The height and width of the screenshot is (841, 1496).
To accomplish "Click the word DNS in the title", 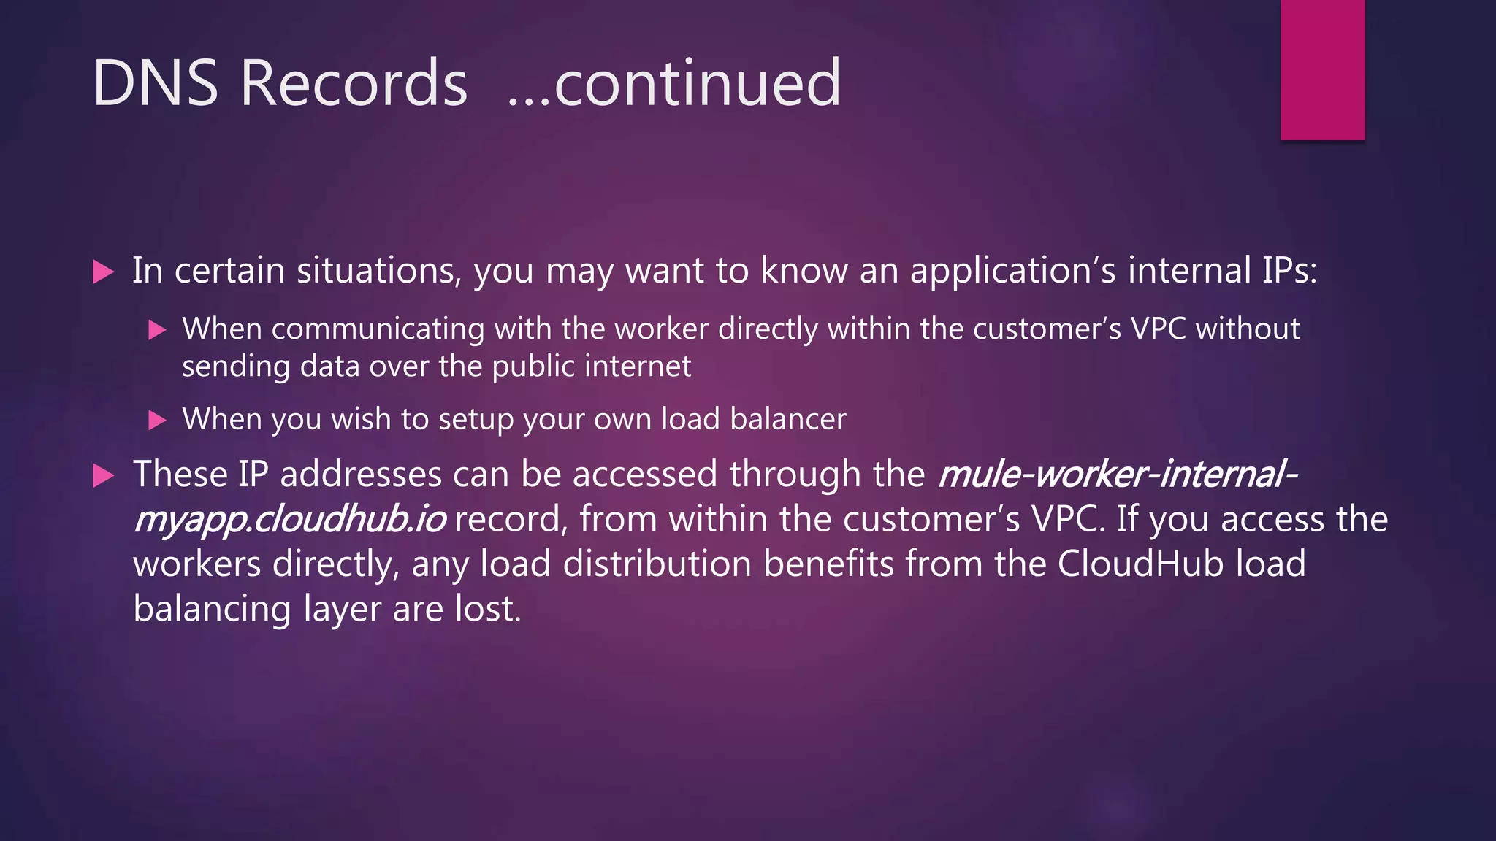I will tap(155, 83).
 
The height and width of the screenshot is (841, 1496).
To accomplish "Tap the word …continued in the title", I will tap(673, 83).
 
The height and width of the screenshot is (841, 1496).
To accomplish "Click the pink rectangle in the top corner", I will tap(1322, 69).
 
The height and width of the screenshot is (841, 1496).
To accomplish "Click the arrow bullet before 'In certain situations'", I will tap(104, 272).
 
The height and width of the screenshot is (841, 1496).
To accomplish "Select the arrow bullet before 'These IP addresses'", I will tap(104, 476).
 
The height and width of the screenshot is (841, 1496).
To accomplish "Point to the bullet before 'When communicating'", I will tap(157, 331).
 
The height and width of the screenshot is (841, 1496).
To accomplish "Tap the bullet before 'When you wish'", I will tap(157, 420).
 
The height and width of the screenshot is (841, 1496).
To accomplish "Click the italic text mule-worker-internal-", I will tap(1118, 475).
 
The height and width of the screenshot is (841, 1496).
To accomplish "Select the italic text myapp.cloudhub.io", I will tap(289, 520).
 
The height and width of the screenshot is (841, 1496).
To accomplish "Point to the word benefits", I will tap(828, 564).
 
